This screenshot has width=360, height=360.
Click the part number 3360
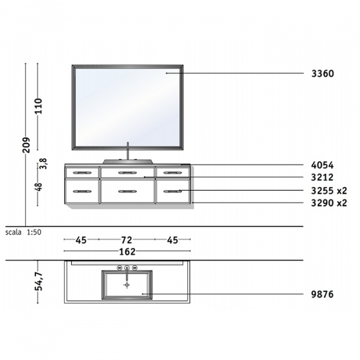point(323,74)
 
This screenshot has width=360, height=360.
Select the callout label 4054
point(322,165)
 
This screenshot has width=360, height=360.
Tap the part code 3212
point(322,177)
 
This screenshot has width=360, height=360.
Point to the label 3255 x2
point(329,191)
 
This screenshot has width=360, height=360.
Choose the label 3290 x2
point(329,203)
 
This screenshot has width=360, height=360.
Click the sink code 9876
point(322,294)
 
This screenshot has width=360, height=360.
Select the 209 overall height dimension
point(26,145)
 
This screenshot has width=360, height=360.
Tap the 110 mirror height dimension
point(38,106)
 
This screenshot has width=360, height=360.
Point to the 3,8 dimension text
point(43,163)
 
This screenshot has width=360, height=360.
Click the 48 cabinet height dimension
point(39,187)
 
